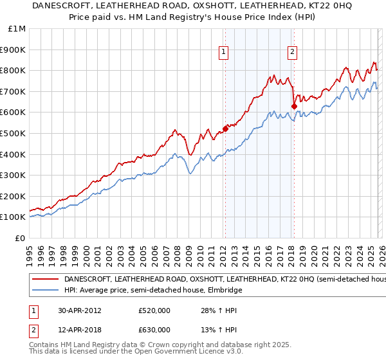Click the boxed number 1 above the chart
pos(223,53)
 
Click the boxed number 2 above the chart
pos(292,53)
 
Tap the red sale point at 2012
pos(225,129)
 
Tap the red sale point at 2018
pos(294,106)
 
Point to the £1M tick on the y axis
pos(17,29)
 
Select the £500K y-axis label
pos(14,133)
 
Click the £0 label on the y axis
pos(20,238)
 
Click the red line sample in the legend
pos(46,280)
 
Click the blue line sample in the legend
pos(46,291)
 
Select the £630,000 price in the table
pos(154,330)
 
